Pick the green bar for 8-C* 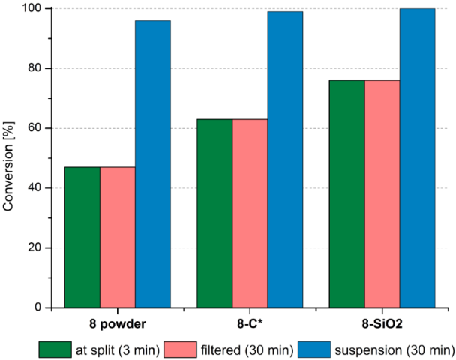pyautogui.click(x=214, y=213)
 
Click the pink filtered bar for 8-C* pyautogui.click(x=250, y=213)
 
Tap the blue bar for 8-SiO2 pyautogui.click(x=417, y=157)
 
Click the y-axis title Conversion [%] pyautogui.click(x=10, y=157)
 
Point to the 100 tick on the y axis pyautogui.click(x=32, y=9)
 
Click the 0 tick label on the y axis pyautogui.click(x=38, y=307)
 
